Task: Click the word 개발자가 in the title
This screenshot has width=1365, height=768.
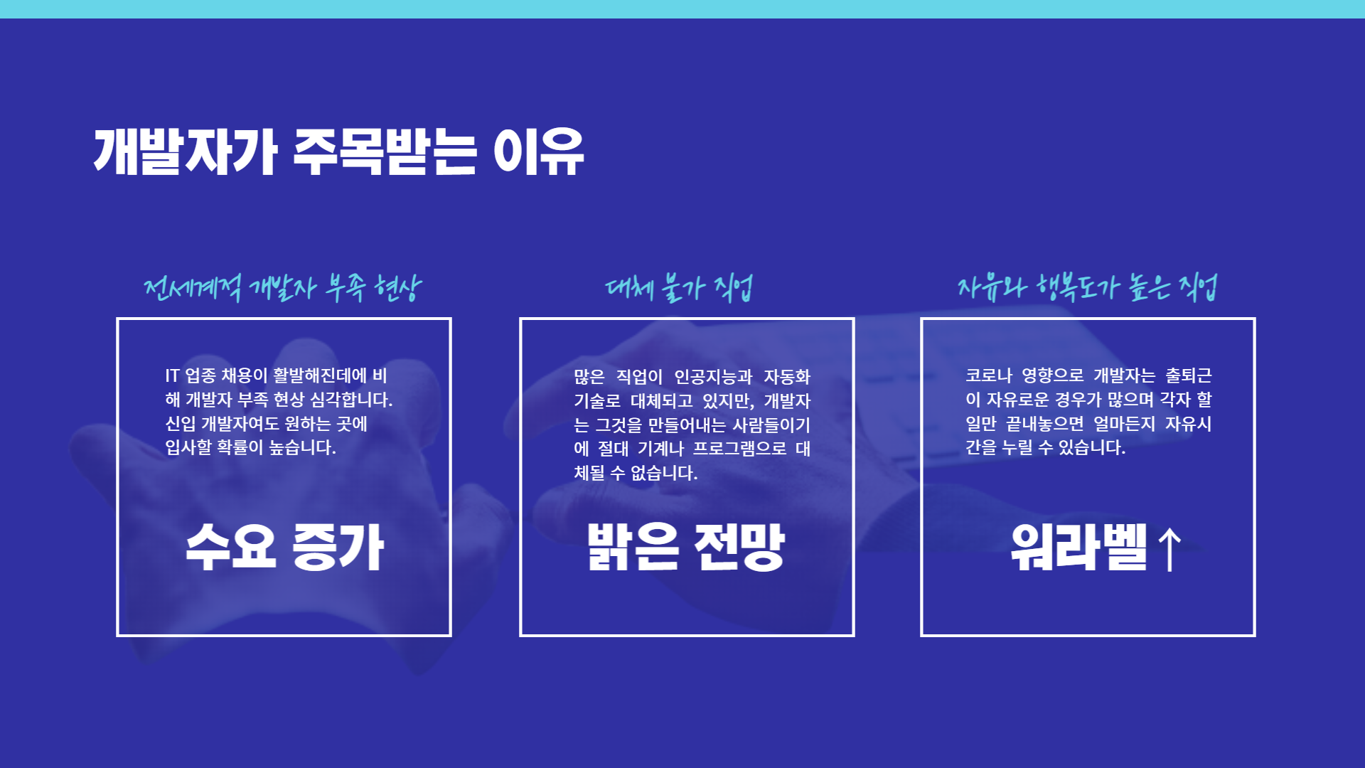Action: [x=185, y=151]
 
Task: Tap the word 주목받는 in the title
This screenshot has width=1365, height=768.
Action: [x=385, y=151]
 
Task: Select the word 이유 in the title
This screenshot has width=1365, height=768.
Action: [x=538, y=151]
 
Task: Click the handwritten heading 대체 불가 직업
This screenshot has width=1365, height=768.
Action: [x=679, y=287]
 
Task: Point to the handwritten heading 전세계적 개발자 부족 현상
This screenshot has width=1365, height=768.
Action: [x=282, y=287]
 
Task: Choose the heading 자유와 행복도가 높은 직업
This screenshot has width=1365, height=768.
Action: [x=1087, y=287]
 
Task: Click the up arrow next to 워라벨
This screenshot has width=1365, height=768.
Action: [x=1169, y=549]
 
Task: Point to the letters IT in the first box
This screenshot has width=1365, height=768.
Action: [x=172, y=375]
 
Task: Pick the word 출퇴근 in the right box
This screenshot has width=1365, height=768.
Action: [x=1189, y=375]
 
